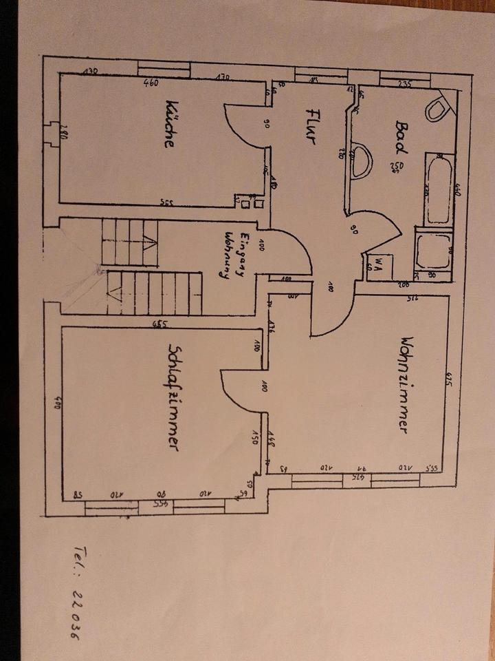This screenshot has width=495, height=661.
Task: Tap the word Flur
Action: coord(311,125)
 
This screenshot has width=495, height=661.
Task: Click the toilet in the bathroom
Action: coord(438,107)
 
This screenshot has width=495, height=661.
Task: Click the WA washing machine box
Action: coord(378,263)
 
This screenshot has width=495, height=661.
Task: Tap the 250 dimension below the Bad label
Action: coord(397,166)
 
